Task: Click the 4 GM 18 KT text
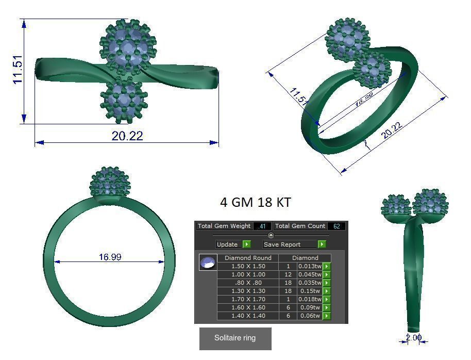(x=255, y=202)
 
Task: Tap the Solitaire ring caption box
(x=235, y=338)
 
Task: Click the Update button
(x=233, y=244)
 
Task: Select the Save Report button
(x=294, y=244)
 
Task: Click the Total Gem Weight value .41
(x=262, y=226)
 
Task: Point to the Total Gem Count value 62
(x=337, y=226)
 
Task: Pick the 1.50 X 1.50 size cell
(x=248, y=266)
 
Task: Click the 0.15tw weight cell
(x=310, y=291)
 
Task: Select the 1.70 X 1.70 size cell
(x=248, y=299)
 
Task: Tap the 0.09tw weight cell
(x=310, y=307)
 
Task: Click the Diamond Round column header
(x=248, y=258)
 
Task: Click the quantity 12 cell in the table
(x=288, y=274)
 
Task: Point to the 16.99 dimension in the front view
(x=109, y=257)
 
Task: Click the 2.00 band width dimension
(x=413, y=338)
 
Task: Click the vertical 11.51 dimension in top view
(x=18, y=71)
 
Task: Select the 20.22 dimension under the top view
(x=127, y=136)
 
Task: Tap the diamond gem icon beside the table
(x=208, y=263)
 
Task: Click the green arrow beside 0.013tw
(x=327, y=266)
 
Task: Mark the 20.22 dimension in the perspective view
(x=391, y=131)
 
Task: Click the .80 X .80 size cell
(x=248, y=283)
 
